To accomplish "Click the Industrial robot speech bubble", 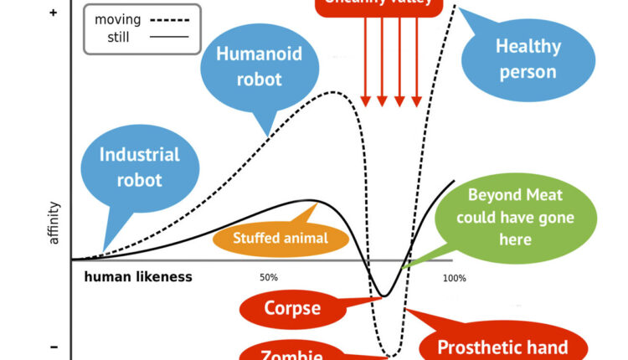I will click(x=140, y=167).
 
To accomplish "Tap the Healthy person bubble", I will click(x=527, y=58).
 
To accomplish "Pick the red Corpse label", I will click(x=292, y=308).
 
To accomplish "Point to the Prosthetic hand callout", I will click(x=503, y=347).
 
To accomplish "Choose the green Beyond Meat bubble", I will click(x=515, y=217).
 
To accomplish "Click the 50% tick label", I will click(x=269, y=277).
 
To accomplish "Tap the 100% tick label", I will click(x=455, y=277).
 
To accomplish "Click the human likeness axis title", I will click(x=138, y=276).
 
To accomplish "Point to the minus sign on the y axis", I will click(x=54, y=347).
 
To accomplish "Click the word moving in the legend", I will click(x=117, y=18).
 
